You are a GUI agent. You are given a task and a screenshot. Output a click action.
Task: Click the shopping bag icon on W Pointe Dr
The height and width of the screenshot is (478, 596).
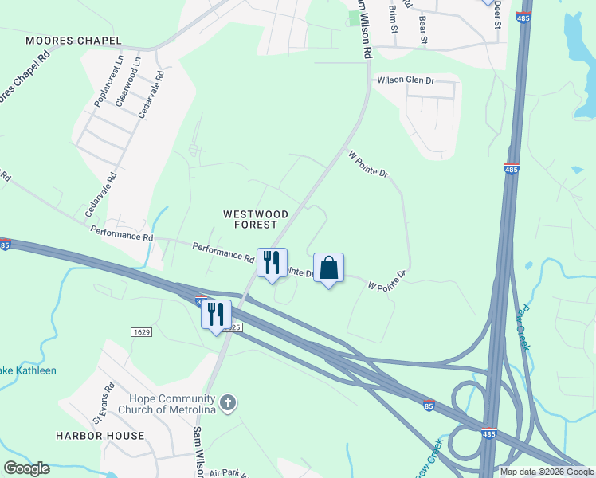point(328,268)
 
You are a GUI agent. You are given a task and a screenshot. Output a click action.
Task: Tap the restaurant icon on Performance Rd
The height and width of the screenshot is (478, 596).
point(272,263)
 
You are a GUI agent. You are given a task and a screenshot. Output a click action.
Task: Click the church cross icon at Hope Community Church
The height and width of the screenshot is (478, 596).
point(229,403)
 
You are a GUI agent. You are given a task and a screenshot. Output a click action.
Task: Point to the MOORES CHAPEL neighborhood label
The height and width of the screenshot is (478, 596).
point(73,41)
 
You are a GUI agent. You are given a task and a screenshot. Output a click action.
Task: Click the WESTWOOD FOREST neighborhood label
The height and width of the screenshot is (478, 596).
point(256,219)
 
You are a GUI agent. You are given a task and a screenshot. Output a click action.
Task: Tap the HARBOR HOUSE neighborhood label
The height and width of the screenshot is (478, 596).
point(100,436)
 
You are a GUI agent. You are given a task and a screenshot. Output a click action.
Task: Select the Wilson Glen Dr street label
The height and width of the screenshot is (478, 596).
point(406,80)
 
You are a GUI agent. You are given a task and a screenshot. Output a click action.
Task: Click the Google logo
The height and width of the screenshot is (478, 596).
point(26,468)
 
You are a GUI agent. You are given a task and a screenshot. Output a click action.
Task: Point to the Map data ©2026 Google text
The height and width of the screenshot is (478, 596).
point(547,472)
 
